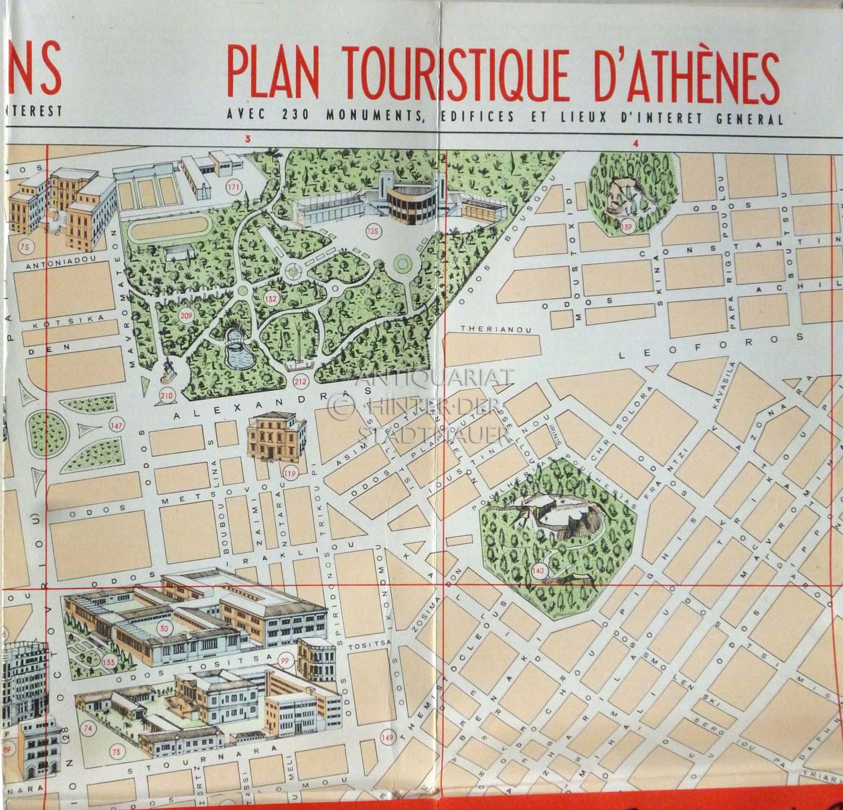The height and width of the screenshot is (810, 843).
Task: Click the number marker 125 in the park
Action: (372, 232)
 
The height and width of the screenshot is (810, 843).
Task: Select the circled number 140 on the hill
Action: (538, 571)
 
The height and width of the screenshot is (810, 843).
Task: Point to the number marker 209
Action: (187, 316)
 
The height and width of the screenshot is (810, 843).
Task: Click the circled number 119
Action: (289, 474)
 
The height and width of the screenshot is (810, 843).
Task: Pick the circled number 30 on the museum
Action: (164, 628)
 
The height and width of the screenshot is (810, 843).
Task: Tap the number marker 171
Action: (234, 187)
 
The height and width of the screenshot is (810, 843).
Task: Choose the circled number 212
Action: (300, 382)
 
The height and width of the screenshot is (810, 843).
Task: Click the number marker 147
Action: (117, 425)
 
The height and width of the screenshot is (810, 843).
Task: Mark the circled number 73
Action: (117, 752)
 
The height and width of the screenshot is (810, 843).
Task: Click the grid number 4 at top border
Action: (635, 142)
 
